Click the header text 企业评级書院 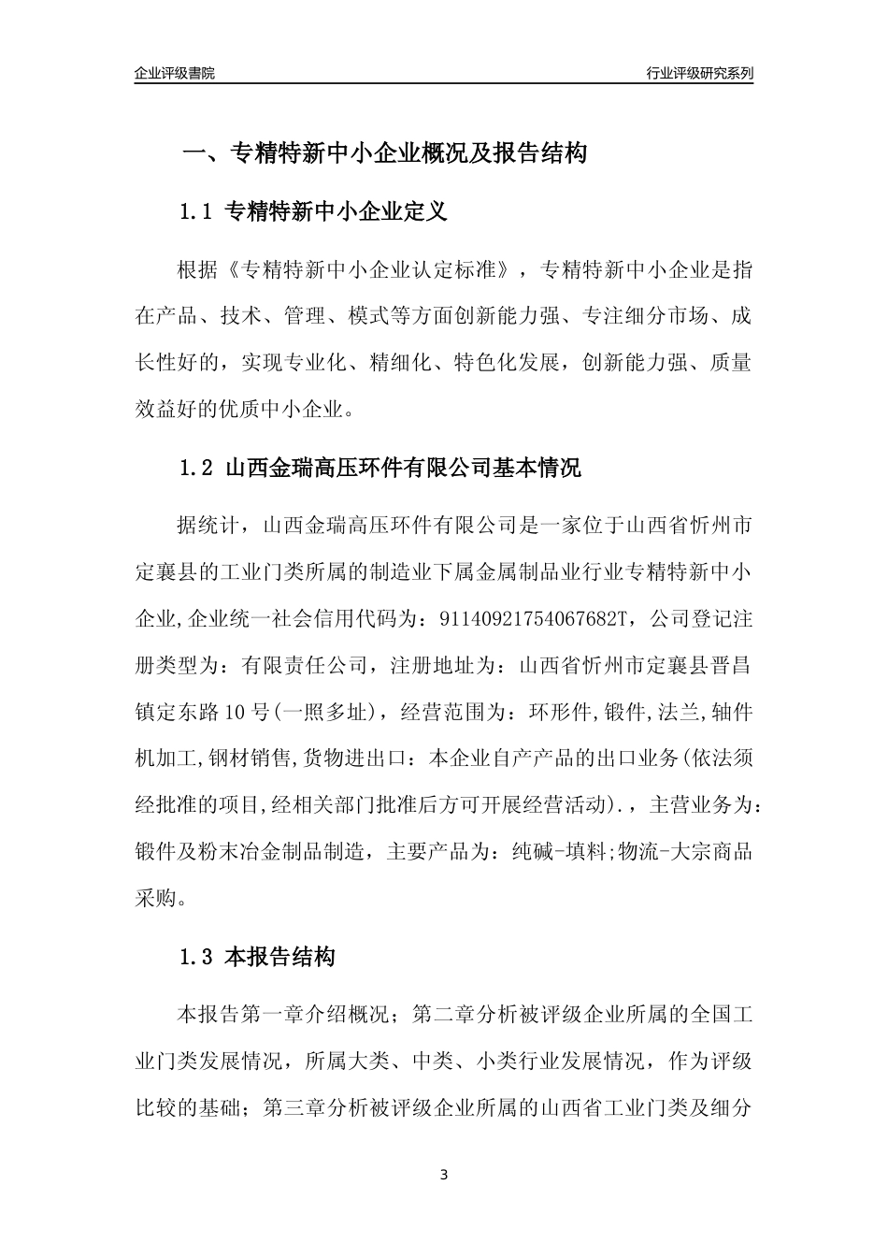(x=175, y=73)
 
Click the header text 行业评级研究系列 (x=699, y=73)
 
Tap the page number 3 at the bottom (x=444, y=1175)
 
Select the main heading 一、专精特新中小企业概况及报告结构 (x=383, y=153)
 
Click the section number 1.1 (x=196, y=212)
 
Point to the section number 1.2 (x=196, y=468)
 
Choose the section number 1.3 (x=196, y=958)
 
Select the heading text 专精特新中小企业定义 (x=337, y=212)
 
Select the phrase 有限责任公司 (x=305, y=666)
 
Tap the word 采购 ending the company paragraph (x=156, y=900)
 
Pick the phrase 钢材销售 (x=264, y=759)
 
